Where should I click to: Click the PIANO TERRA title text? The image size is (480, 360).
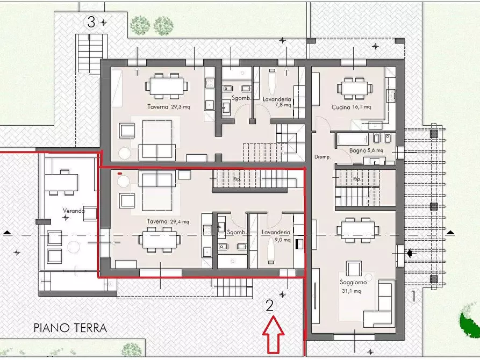(70, 328)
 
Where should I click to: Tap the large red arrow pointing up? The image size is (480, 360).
(274, 334)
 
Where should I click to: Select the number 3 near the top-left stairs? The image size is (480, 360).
(91, 22)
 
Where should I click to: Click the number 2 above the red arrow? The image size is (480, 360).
(270, 305)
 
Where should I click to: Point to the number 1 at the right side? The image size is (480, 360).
(413, 295)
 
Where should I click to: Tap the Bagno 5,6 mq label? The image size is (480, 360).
(366, 151)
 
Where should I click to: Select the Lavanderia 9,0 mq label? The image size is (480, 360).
(276, 235)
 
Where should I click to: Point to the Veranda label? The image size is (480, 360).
(74, 211)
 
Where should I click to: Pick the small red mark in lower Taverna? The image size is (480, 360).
(119, 173)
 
